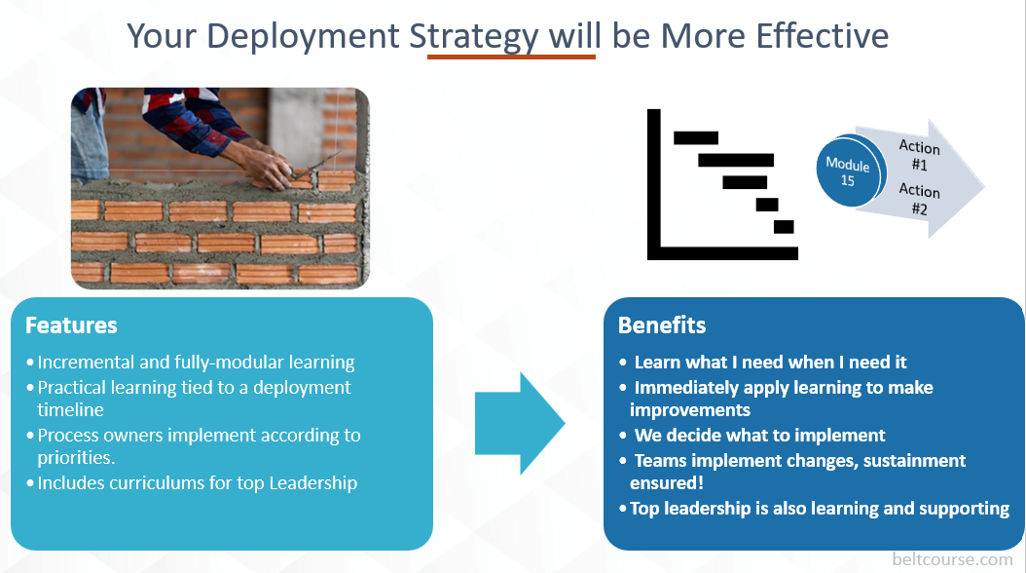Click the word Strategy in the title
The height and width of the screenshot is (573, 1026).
473,36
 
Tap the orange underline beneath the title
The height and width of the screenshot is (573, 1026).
511,57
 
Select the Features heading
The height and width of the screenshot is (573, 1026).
71,325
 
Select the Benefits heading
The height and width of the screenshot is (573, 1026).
662,325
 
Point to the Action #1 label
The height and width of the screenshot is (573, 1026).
919,155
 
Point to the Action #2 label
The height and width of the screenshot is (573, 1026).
919,198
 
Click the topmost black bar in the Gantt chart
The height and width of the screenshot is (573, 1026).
696,137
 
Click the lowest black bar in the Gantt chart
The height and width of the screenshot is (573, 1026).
784,227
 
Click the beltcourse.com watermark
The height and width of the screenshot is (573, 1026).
952,559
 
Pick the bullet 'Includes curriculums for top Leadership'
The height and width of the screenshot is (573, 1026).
197,482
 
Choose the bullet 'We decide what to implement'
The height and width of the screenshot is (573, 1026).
759,435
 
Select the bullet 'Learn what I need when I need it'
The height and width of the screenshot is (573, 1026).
769,362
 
